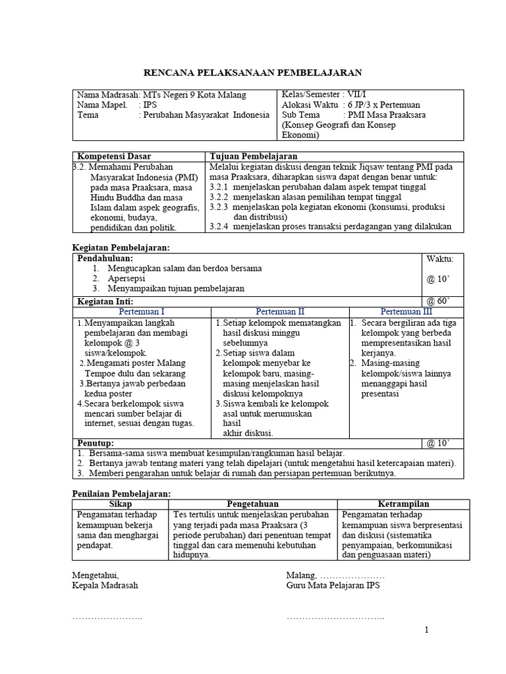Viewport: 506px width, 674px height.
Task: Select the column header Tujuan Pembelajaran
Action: coord(253,157)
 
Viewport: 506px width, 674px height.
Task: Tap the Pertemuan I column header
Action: coord(142,311)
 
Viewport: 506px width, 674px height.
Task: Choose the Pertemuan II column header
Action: coord(280,311)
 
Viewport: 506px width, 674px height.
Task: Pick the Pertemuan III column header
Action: coord(408,311)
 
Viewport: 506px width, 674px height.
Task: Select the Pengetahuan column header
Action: coord(252,504)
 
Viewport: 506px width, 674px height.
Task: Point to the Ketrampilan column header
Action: coord(403,504)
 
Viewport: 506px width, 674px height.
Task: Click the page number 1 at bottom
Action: coord(426,631)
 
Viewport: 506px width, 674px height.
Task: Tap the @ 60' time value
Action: coord(437,301)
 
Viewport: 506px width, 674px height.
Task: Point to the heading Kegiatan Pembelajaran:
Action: coord(120,247)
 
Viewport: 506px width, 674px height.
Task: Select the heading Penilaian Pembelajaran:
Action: coord(121,494)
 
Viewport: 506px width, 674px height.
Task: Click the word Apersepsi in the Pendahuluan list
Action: coord(126,278)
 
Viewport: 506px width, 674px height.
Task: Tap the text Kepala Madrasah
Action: coord(105,585)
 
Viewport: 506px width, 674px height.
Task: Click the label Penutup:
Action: coord(96,443)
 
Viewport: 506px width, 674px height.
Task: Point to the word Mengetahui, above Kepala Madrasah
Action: coord(95,575)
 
